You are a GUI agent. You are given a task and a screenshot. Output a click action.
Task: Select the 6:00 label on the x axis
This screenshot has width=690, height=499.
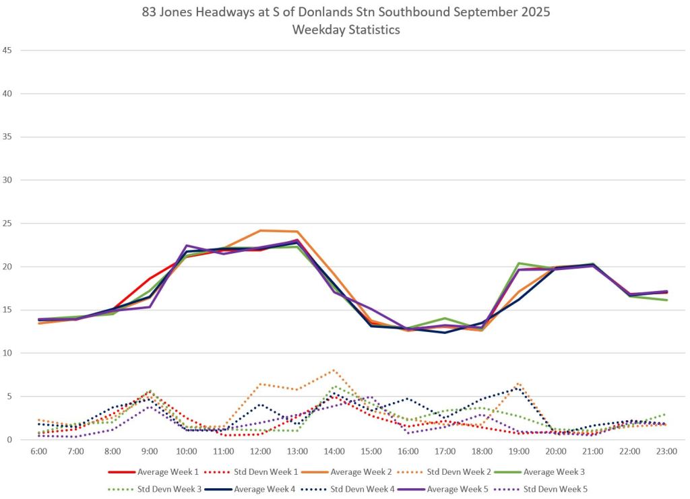38,451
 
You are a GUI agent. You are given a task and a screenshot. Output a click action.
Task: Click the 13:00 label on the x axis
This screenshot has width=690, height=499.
297,451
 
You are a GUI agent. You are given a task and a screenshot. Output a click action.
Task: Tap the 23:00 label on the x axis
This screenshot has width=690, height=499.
666,451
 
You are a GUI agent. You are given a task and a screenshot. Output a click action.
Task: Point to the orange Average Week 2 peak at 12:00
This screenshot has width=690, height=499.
260,231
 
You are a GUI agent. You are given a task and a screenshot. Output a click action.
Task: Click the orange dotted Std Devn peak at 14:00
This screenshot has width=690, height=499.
334,370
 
